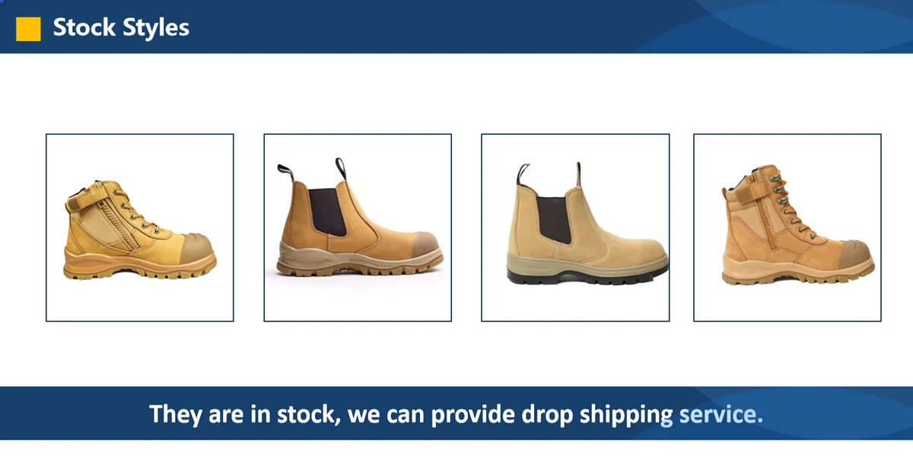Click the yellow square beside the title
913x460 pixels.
[28, 28]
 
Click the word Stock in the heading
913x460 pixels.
[84, 28]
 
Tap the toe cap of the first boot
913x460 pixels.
[194, 248]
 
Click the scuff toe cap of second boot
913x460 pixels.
[425, 245]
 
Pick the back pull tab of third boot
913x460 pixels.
[523, 174]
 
